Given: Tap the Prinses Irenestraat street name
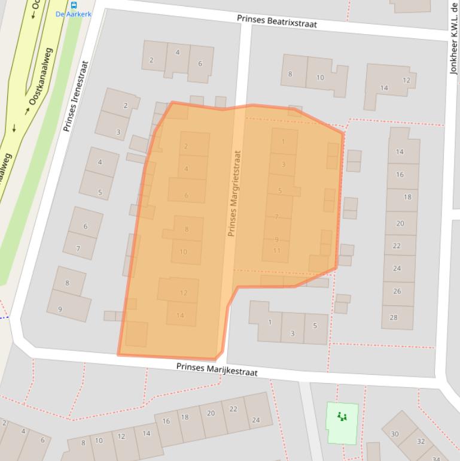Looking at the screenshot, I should click(x=75, y=96).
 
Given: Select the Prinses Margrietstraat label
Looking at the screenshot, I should click(x=234, y=193).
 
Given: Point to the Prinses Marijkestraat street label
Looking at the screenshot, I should click(x=217, y=368).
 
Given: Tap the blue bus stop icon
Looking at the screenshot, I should click(x=74, y=5).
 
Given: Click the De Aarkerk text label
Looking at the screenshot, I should click(x=74, y=14).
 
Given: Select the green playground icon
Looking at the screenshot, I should click(x=342, y=416).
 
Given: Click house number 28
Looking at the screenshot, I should click(x=393, y=317).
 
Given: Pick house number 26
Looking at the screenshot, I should click(x=397, y=291).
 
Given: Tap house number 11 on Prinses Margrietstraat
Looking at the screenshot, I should click(x=276, y=250).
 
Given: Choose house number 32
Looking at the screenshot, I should click(x=421, y=441).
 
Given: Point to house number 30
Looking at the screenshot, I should click(x=394, y=434).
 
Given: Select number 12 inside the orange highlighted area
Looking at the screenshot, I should click(x=183, y=293).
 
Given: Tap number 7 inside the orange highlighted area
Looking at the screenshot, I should click(x=276, y=217).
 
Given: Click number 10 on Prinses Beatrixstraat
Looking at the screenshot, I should click(x=320, y=77).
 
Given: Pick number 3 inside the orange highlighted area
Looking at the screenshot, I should click(x=283, y=164).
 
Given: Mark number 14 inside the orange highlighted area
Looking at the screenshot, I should click(x=179, y=316).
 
